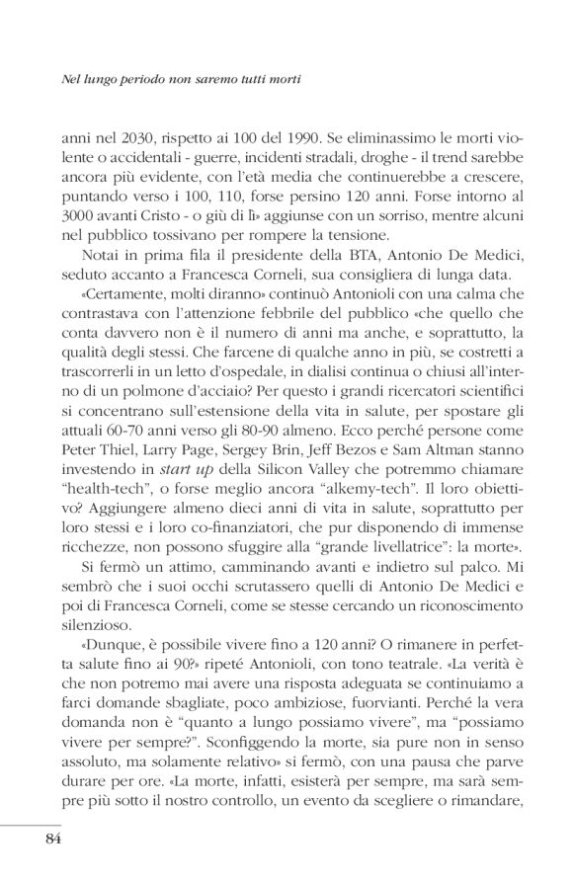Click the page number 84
click(x=53, y=840)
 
